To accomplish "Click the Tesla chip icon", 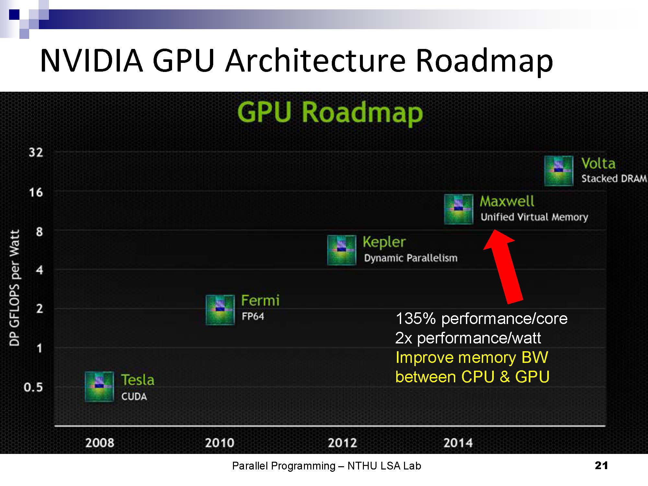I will pos(99,387).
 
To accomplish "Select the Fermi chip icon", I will pos(220,310).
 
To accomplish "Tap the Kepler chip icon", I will pos(341,250).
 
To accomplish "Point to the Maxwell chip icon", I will pos(458,209).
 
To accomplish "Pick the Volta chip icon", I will pos(559,171).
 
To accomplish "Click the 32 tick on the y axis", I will pos(36,152).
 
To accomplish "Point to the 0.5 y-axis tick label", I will pos(33,387).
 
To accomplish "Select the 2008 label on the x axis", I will pos(100,443).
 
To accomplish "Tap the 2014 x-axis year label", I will pos(458,443).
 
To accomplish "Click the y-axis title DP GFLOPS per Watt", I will pos(15,288).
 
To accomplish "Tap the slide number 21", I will pos(601,465).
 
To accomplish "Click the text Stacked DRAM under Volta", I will pos(614,179).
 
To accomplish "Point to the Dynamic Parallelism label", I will pos(411,258).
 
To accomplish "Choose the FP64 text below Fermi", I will pos(253,316).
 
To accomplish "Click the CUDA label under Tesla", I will pos(134,396).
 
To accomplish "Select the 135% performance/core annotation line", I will pos(481,318).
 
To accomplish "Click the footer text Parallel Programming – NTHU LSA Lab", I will pos(327,466).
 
